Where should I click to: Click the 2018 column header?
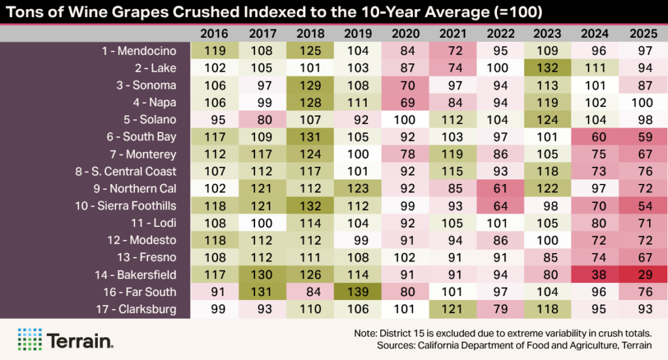[x=311, y=33]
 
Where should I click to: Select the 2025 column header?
[x=643, y=33]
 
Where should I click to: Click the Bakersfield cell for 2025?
[x=643, y=275]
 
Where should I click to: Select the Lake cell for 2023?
[x=548, y=68]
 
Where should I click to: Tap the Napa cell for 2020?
[x=406, y=102]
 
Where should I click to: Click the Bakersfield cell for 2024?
[x=596, y=275]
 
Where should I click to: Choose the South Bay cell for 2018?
[x=311, y=137]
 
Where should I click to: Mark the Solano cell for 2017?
[x=263, y=119]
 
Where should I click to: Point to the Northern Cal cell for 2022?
[x=500, y=188]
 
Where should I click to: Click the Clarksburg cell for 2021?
[x=453, y=309]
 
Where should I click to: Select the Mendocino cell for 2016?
[x=215, y=50]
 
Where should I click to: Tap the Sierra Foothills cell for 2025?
[x=643, y=205]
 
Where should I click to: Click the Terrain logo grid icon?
[x=29, y=339]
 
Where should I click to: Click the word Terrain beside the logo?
[x=80, y=340]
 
